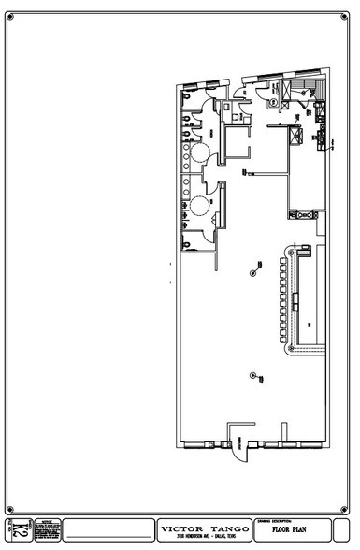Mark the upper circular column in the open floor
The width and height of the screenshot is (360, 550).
(253, 273)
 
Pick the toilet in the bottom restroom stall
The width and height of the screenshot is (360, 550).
(190, 244)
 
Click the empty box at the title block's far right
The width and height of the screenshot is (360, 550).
(343, 529)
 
